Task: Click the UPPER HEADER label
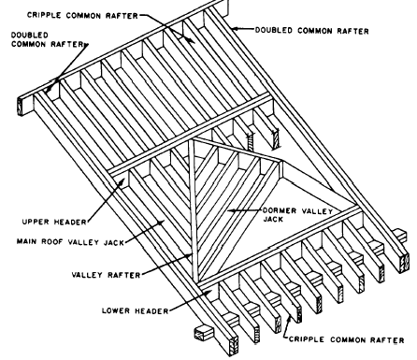54,222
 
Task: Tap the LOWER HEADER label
136,310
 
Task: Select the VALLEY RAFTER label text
106,275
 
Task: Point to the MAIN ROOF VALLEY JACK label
70,242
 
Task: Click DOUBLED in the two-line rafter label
30,35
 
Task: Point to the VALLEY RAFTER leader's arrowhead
190,256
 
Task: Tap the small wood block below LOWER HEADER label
204,334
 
